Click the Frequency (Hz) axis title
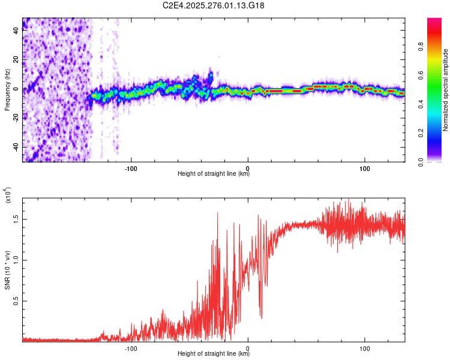click(x=7, y=90)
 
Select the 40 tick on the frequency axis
click(x=16, y=32)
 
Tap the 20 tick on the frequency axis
click(x=16, y=61)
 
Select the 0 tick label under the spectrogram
click(x=248, y=167)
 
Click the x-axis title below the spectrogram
click(x=214, y=174)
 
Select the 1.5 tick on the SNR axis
click(x=16, y=219)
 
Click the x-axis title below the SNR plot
click(x=214, y=354)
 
